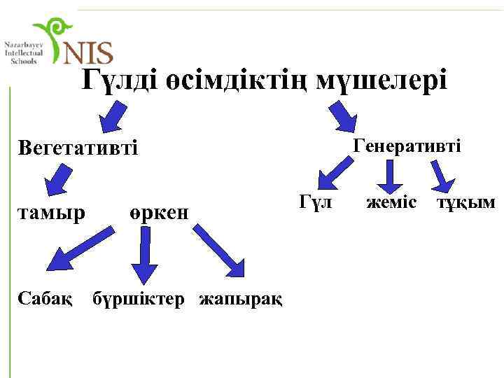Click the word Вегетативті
pyautogui.click(x=78, y=148)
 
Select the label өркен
pyautogui.click(x=159, y=212)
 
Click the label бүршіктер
pyautogui.click(x=139, y=300)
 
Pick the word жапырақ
pyautogui.click(x=241, y=300)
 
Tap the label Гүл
pyautogui.click(x=314, y=202)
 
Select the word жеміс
pyautogui.click(x=391, y=202)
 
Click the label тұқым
pyautogui.click(x=466, y=202)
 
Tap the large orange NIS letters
pyautogui.click(x=87, y=51)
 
